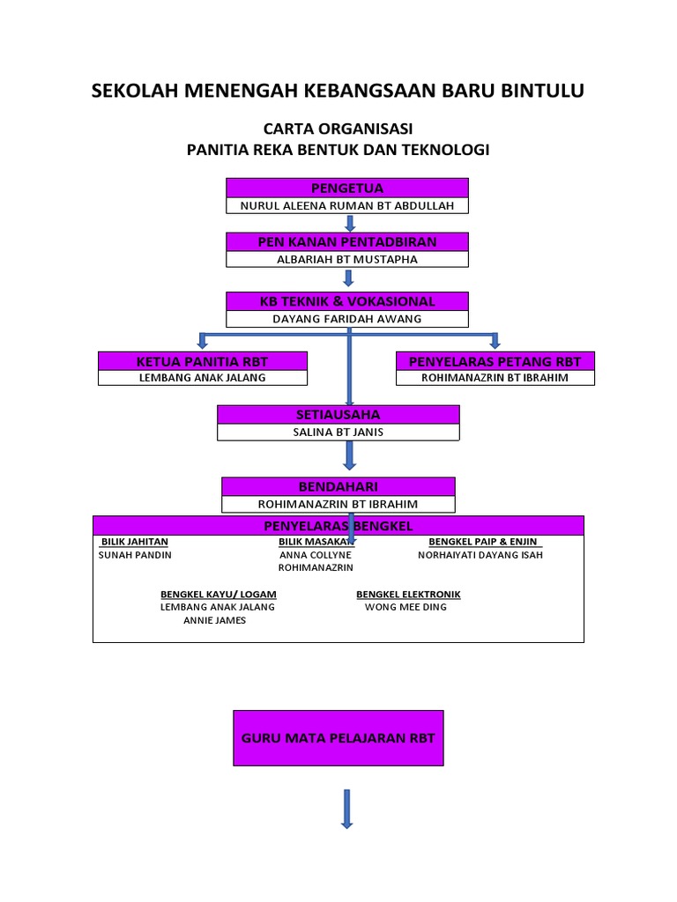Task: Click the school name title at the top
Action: (x=338, y=92)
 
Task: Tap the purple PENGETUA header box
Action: (x=347, y=188)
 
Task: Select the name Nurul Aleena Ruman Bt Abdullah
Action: (x=347, y=206)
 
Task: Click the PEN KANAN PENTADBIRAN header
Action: (x=347, y=241)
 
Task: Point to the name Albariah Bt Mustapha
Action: (x=347, y=260)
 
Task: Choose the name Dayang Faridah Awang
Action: (x=347, y=319)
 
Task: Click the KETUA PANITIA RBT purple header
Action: (x=202, y=361)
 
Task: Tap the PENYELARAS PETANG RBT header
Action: (x=495, y=361)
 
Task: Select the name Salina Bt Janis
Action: (x=338, y=433)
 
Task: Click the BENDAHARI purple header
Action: (x=338, y=486)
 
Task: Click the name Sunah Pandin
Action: (x=136, y=555)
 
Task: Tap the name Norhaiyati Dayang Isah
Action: (x=480, y=555)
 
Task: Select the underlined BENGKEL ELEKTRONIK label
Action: (x=408, y=595)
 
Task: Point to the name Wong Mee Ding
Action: (x=405, y=607)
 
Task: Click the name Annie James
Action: (x=214, y=620)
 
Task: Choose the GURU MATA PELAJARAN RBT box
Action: (x=338, y=738)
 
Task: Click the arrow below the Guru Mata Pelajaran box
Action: (x=346, y=809)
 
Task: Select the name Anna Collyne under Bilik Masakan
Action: (x=316, y=555)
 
